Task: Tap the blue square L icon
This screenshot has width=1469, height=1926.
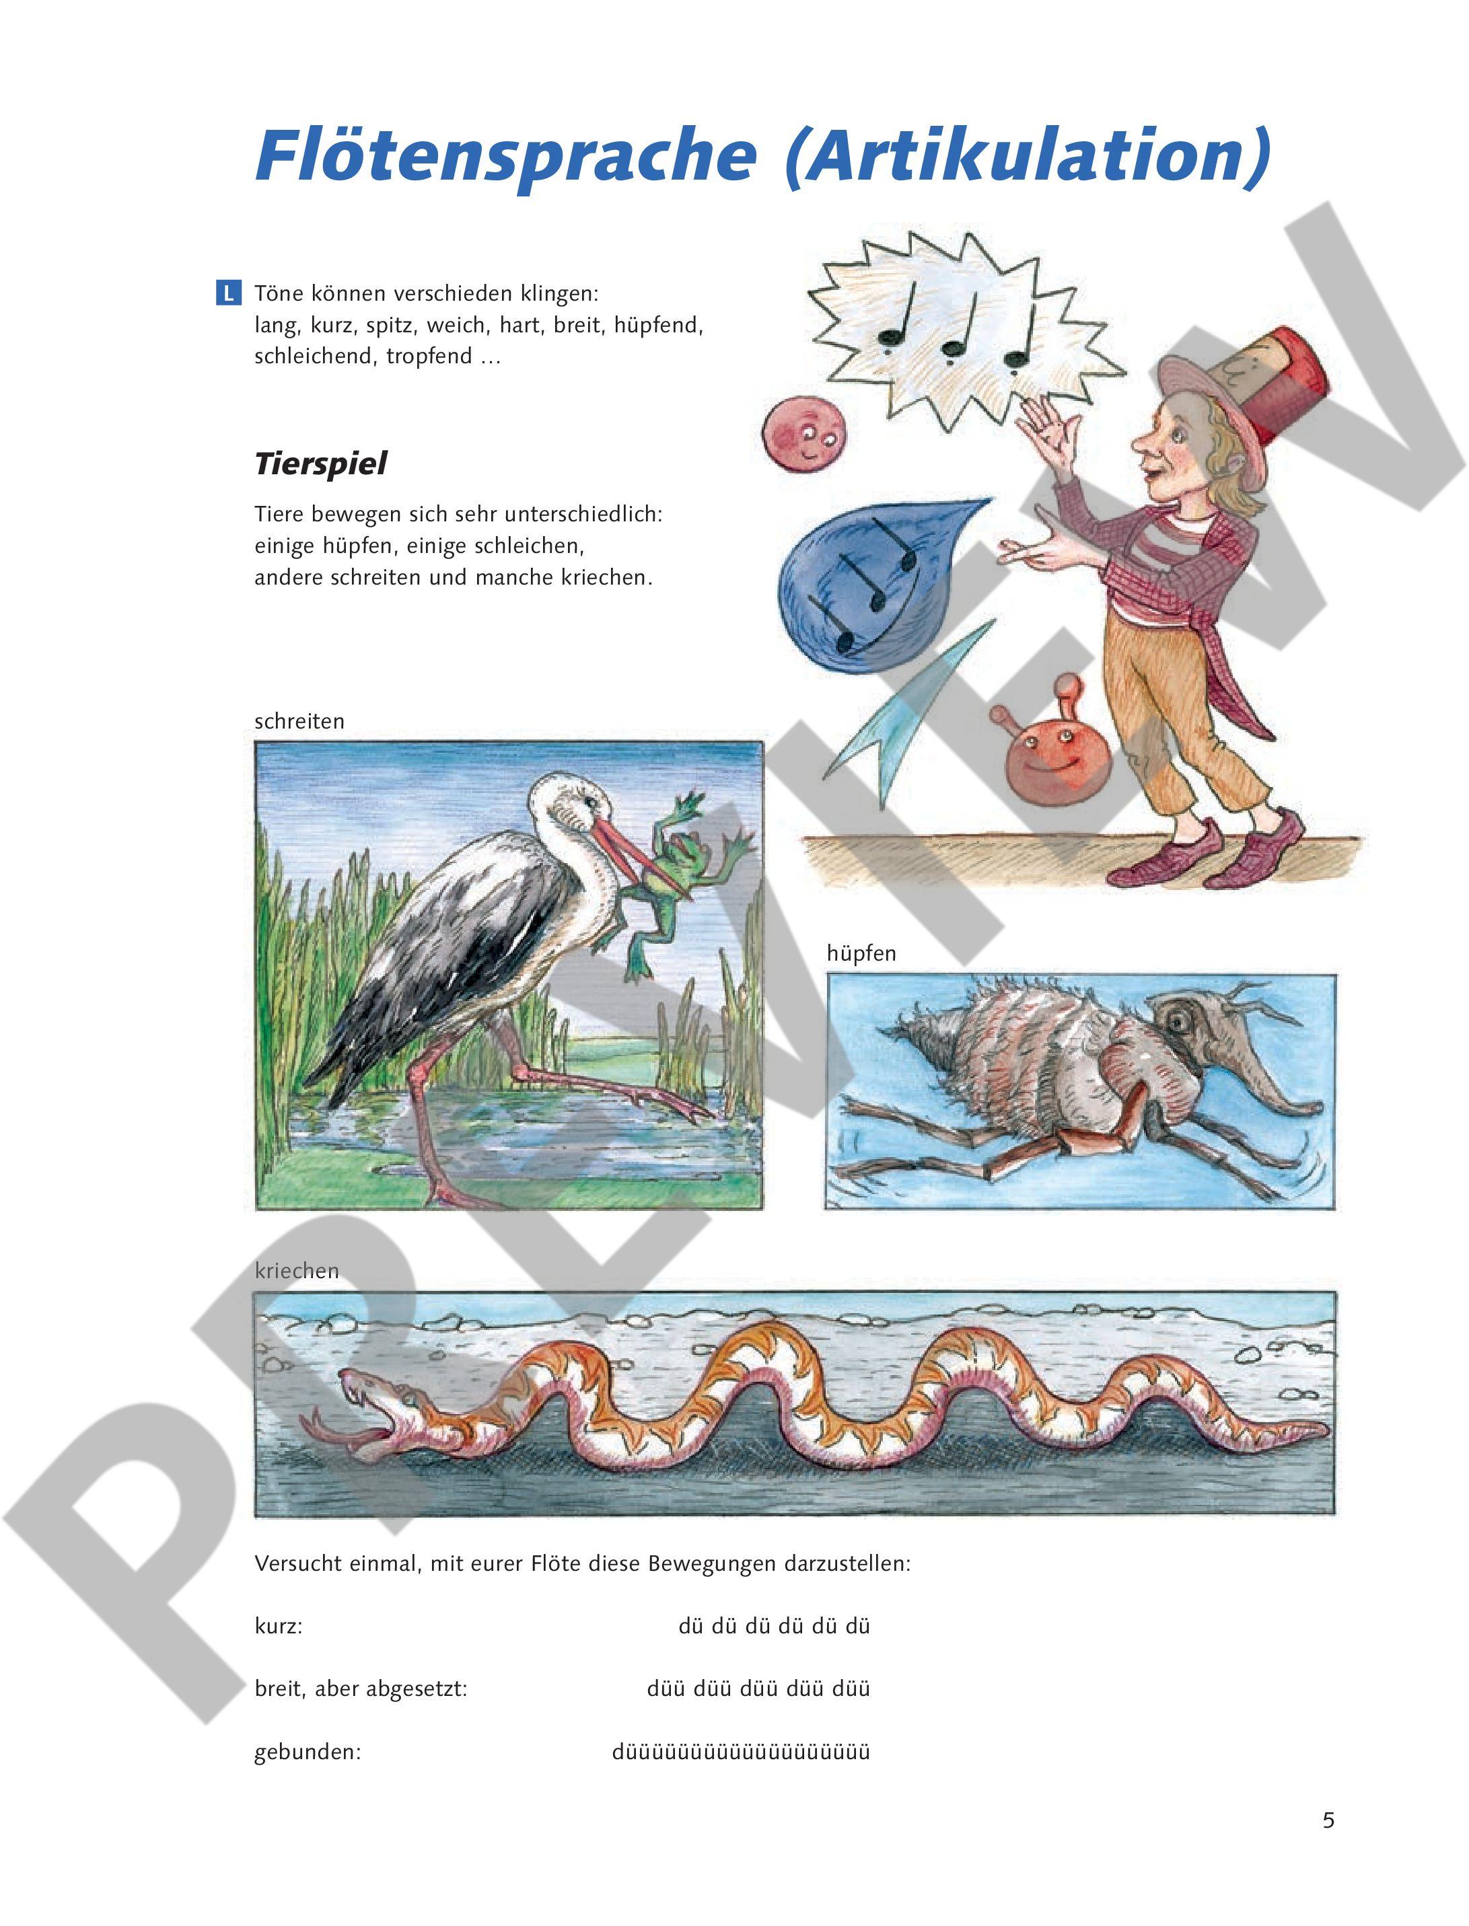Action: pos(228,293)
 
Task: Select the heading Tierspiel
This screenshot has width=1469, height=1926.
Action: pos(320,464)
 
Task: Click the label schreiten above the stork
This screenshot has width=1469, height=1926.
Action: pos(299,721)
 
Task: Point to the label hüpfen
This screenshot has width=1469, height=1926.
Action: pos(861,954)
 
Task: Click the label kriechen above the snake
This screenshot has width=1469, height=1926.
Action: pos(296,1271)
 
